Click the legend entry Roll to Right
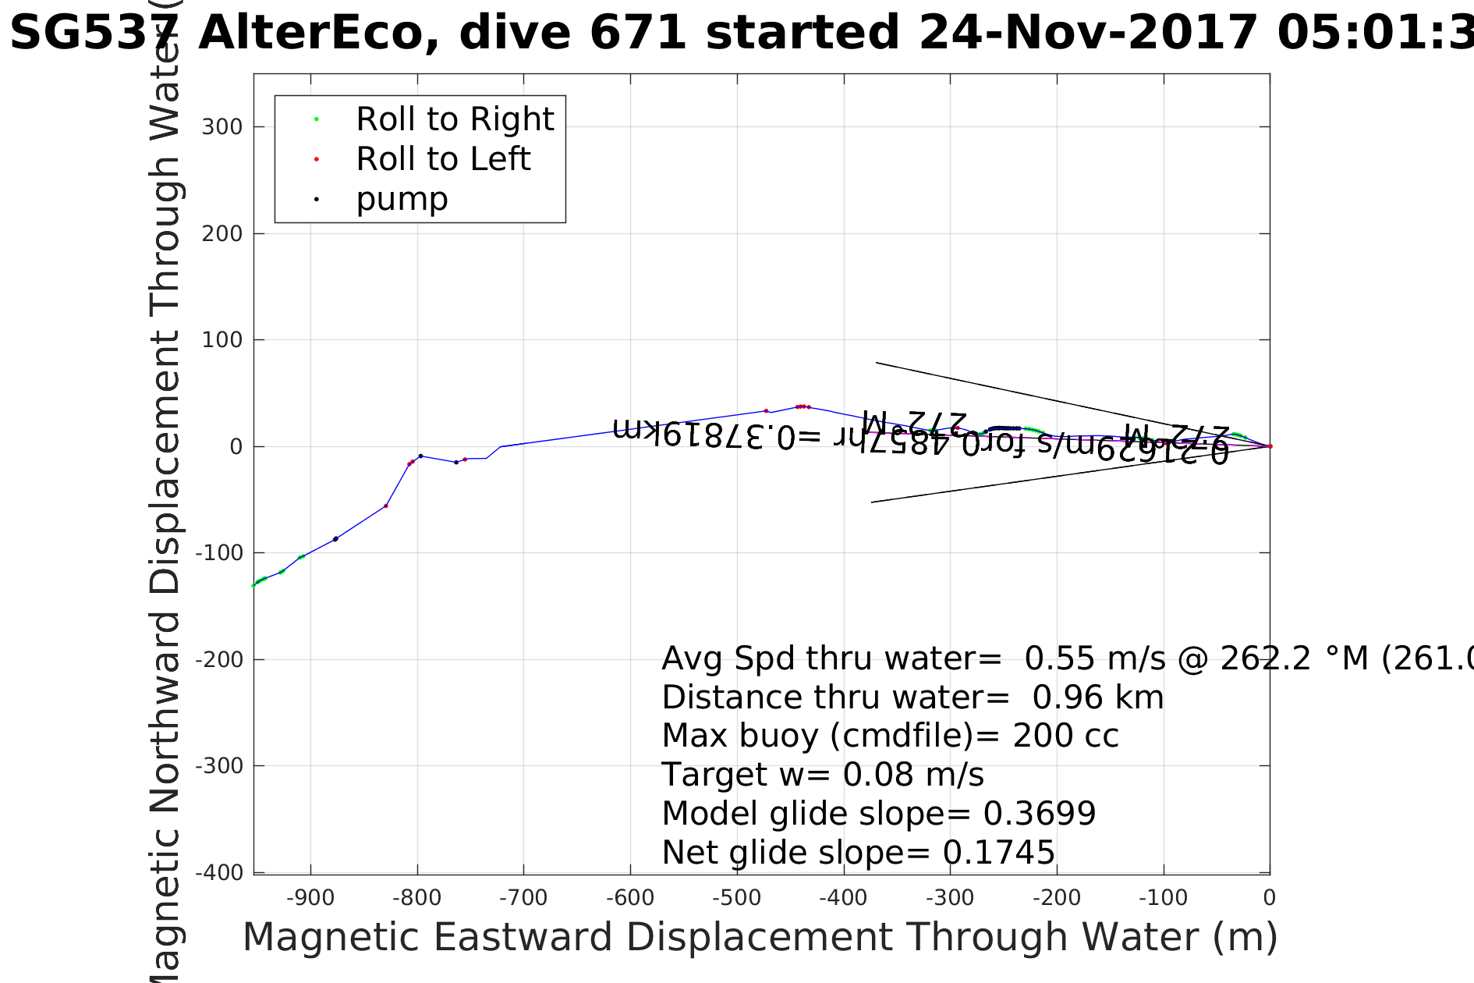(455, 119)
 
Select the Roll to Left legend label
(443, 159)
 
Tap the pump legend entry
(402, 199)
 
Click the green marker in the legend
(317, 119)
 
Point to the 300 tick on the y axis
(222, 127)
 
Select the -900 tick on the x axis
(310, 898)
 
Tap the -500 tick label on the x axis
(736, 898)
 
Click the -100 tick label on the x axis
(1163, 898)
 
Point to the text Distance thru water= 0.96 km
(912, 697)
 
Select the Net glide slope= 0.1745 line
(858, 853)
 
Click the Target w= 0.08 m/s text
(823, 775)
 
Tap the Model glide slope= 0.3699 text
(879, 814)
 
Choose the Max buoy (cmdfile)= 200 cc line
(890, 736)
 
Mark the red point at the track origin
(1270, 446)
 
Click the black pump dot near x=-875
(335, 539)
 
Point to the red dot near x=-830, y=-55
(386, 506)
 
